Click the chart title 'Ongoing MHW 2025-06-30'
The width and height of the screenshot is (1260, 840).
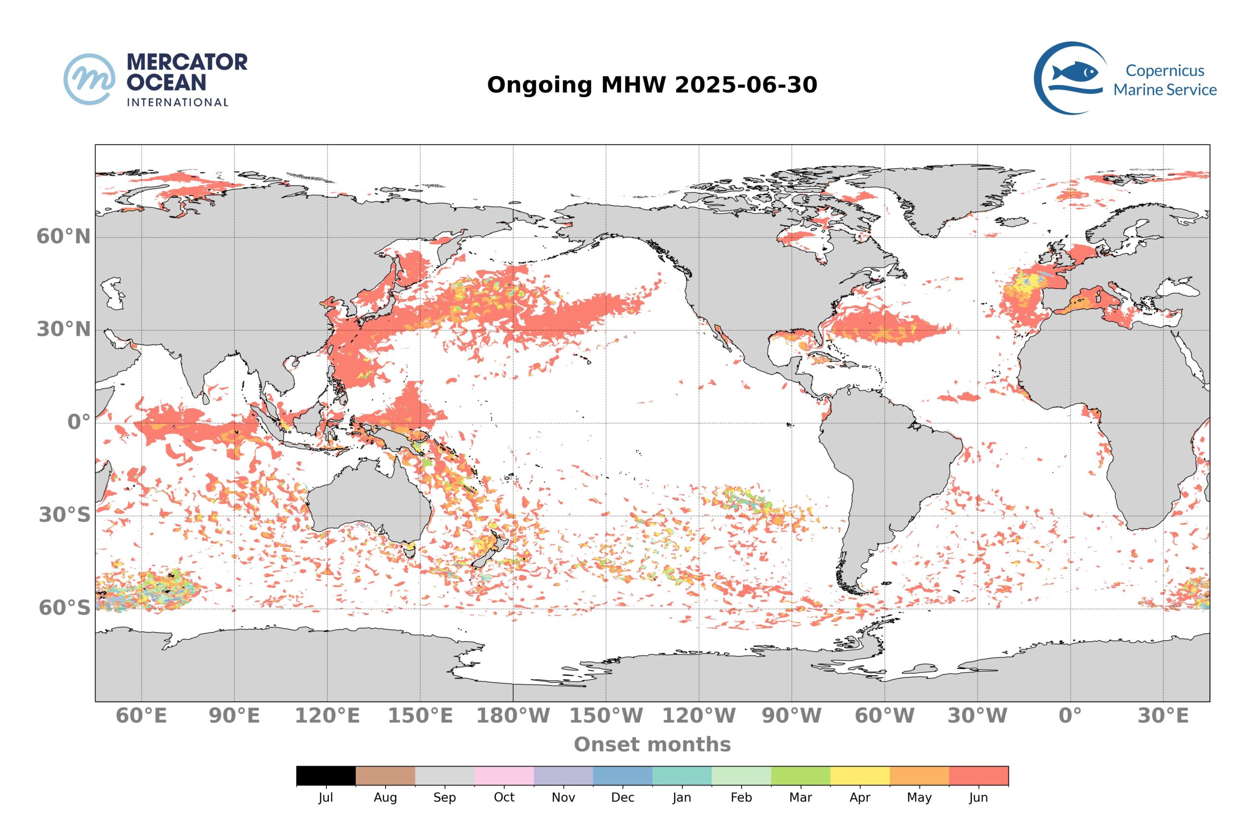[652, 85]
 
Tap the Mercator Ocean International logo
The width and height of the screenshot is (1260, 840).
[156, 79]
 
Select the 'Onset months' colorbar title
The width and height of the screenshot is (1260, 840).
[652, 744]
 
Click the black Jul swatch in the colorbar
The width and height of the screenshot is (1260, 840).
[326, 775]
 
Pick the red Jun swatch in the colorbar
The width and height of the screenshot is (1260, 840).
[978, 775]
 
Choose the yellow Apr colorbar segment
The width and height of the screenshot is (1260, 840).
[859, 775]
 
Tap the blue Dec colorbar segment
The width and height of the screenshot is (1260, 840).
[623, 775]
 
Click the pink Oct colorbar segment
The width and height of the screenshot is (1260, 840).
[504, 775]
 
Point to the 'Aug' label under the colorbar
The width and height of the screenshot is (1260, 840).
[385, 797]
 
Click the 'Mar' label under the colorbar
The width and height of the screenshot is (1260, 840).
[800, 797]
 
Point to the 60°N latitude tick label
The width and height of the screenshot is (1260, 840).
[63, 236]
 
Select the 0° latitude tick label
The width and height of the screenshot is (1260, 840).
[78, 422]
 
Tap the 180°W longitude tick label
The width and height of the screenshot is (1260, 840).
[513, 715]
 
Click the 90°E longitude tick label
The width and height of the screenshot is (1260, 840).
[234, 715]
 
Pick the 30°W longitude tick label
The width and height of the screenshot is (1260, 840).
[977, 715]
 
